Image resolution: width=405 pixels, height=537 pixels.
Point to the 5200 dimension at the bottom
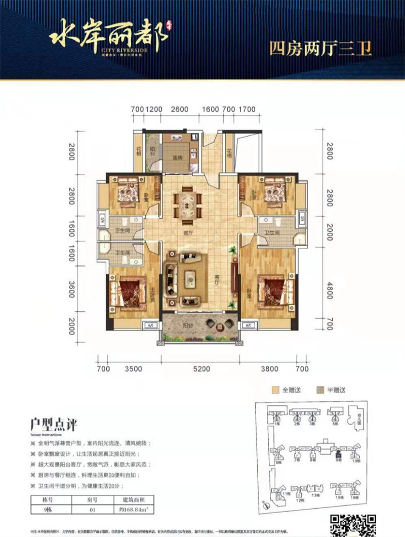[x=201, y=369]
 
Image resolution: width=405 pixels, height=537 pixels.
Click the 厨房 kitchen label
[x=177, y=157]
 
